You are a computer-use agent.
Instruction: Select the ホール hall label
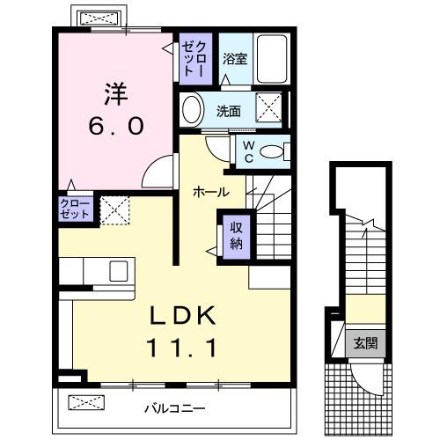[x=212, y=191]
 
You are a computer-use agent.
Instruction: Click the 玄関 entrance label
[x=365, y=343]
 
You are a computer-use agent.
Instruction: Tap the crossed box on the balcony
[x=86, y=403]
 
